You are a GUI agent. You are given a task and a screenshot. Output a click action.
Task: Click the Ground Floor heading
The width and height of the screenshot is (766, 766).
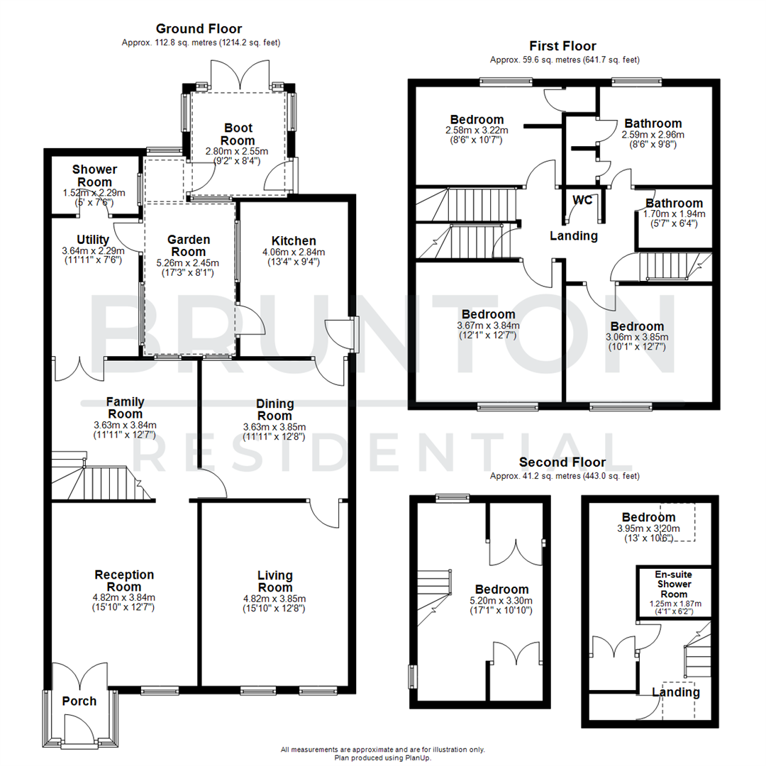click(199, 29)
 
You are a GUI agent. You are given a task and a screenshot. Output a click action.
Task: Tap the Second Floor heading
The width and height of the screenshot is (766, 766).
click(564, 462)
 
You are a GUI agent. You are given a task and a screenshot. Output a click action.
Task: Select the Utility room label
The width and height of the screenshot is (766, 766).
click(93, 240)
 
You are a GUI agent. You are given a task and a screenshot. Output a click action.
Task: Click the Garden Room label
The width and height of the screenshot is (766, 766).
click(189, 246)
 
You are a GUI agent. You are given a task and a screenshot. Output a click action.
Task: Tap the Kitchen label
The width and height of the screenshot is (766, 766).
click(293, 241)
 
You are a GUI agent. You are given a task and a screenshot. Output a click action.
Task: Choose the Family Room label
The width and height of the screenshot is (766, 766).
click(125, 408)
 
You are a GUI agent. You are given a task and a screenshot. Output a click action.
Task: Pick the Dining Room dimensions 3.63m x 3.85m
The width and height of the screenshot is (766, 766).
click(274, 427)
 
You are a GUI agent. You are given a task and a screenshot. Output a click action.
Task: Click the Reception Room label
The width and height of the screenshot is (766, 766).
click(125, 580)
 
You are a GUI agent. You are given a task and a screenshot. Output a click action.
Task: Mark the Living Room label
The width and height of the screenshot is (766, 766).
click(274, 581)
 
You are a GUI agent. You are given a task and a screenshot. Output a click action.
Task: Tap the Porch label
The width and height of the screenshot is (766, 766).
click(79, 701)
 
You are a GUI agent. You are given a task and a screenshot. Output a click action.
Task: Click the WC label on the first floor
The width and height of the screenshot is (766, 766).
click(582, 200)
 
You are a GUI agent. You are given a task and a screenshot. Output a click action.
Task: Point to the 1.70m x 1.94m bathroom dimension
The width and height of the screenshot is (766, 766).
click(674, 213)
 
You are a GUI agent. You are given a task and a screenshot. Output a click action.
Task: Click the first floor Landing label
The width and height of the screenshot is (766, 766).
click(574, 236)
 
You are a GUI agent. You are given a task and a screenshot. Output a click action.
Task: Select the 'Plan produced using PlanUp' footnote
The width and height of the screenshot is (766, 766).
click(383, 757)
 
